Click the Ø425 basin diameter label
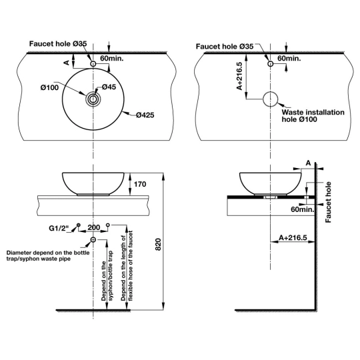click(x=145, y=115)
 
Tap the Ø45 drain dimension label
click(x=109, y=87)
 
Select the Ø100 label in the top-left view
click(x=49, y=87)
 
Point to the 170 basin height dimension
click(x=140, y=184)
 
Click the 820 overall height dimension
click(x=159, y=245)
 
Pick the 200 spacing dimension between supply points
click(x=94, y=227)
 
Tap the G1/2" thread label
click(x=59, y=228)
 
